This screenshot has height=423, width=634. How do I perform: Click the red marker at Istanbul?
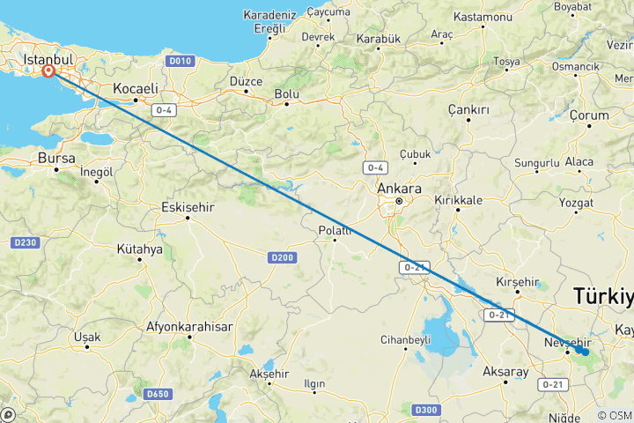[x=48, y=72]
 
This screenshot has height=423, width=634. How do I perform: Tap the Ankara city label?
[x=398, y=189]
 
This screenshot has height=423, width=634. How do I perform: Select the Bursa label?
[x=56, y=158]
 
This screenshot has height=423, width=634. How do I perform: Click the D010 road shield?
[x=181, y=60]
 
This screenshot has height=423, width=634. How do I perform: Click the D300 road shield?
[x=426, y=409]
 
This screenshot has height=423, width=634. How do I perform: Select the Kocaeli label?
[x=135, y=88]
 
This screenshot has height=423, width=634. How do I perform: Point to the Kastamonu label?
[x=483, y=18]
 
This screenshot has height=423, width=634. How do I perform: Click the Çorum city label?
[x=589, y=115]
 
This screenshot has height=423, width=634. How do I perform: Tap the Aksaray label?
[x=505, y=372]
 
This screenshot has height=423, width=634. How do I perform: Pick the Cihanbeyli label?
[x=405, y=338]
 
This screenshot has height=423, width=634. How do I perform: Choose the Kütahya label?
[x=139, y=249]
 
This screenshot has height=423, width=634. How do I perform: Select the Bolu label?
[x=287, y=93]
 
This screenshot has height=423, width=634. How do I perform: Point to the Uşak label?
[x=87, y=337]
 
